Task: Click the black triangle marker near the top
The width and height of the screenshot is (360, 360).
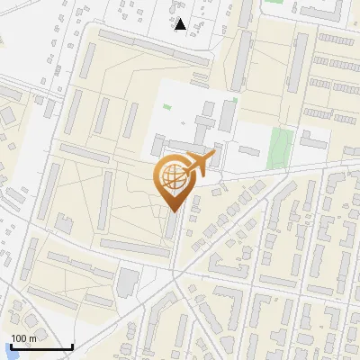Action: [181, 24]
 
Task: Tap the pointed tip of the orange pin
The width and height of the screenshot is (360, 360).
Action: [174, 211]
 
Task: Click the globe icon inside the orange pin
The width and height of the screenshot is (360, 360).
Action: [174, 179]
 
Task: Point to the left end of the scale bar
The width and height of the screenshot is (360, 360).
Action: [10, 347]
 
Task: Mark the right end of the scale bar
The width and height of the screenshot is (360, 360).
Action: [72, 347]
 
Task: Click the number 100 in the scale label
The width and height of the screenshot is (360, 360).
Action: [19, 337]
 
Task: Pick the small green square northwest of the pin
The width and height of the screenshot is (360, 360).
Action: [166, 108]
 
